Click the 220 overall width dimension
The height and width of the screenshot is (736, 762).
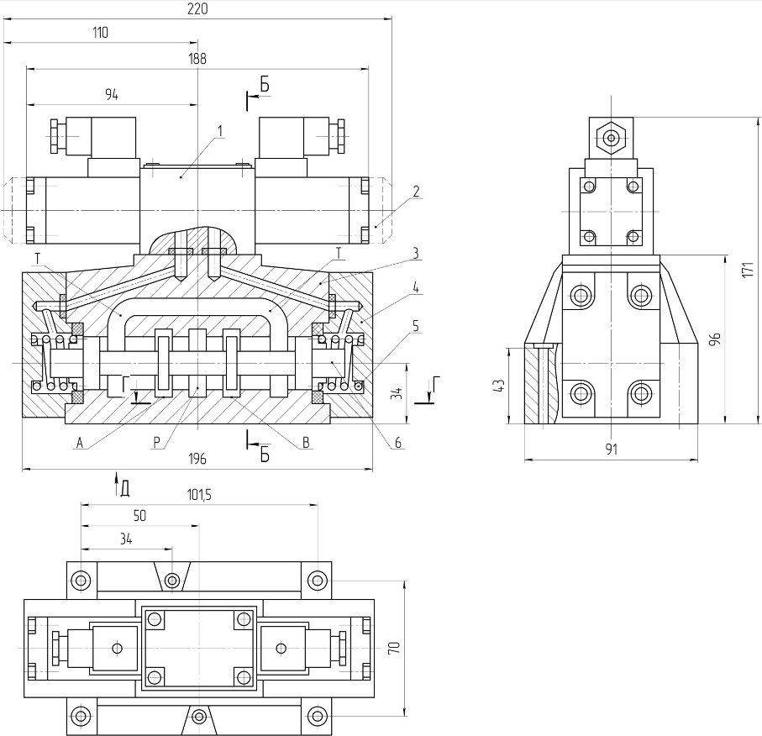pyautogui.click(x=197, y=8)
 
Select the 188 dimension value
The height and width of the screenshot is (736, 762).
pyautogui.click(x=197, y=58)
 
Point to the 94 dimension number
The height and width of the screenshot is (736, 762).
pyautogui.click(x=112, y=95)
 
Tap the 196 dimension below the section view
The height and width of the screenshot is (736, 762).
pyautogui.click(x=197, y=459)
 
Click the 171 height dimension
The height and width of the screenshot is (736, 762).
pyautogui.click(x=748, y=270)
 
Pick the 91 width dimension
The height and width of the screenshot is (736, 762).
pyautogui.click(x=612, y=449)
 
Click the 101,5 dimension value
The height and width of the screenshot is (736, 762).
pyautogui.click(x=199, y=495)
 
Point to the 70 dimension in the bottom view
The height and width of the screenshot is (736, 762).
pyautogui.click(x=394, y=648)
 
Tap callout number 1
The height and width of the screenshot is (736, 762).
pyautogui.click(x=220, y=131)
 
